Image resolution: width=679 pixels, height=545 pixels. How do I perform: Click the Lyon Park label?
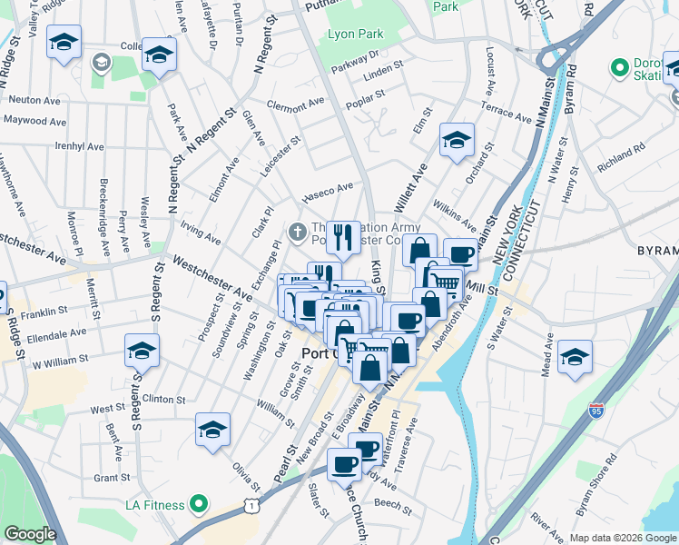(356, 35)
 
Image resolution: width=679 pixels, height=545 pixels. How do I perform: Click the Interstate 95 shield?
(596, 411)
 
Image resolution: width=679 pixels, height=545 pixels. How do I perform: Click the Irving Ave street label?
(201, 233)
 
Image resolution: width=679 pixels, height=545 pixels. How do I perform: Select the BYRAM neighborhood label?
(656, 250)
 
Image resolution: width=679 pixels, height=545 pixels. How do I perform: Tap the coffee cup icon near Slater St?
(344, 464)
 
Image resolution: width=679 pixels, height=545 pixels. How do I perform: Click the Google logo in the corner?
(30, 534)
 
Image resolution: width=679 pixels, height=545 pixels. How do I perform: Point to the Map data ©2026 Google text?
(623, 538)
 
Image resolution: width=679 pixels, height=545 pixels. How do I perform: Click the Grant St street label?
(112, 477)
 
